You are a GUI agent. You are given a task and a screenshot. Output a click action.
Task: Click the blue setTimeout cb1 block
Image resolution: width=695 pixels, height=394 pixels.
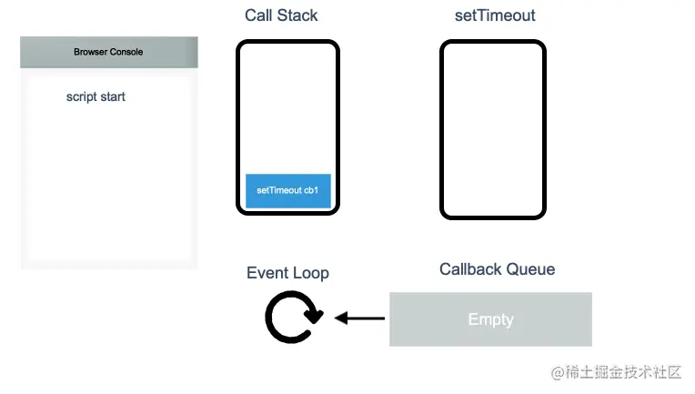287,191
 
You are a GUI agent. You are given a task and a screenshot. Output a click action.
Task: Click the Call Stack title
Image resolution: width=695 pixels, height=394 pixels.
281,15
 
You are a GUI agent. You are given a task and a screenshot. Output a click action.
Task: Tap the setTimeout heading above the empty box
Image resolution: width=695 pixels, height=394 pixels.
495,15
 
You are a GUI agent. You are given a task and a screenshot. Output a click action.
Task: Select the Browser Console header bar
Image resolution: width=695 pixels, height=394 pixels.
109,52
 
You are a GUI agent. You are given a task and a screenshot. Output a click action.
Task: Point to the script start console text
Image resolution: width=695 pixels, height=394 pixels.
96,96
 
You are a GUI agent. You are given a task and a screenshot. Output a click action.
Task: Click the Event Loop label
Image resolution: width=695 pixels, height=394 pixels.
287,273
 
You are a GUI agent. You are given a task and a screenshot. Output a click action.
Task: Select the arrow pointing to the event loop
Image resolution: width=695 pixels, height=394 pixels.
359,318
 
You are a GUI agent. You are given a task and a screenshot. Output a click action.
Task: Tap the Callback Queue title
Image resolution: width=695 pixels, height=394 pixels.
497,269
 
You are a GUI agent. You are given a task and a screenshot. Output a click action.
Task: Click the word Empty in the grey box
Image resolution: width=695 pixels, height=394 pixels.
490,319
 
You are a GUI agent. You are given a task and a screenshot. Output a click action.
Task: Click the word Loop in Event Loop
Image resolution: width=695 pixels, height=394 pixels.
310,273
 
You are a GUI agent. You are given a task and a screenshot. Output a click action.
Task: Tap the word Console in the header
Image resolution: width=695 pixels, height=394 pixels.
126,52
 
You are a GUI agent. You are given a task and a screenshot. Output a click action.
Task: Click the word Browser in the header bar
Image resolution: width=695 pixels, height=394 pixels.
90,52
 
